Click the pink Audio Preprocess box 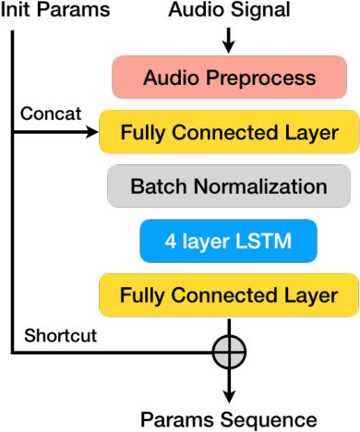pos(229,77)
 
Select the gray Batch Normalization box pos(229,186)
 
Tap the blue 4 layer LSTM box pos(229,241)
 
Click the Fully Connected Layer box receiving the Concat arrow pos(229,132)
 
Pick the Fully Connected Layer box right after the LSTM pos(229,295)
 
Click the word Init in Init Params pos(17,11)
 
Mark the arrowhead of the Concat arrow pos(92,132)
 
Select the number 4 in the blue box pos(170,241)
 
